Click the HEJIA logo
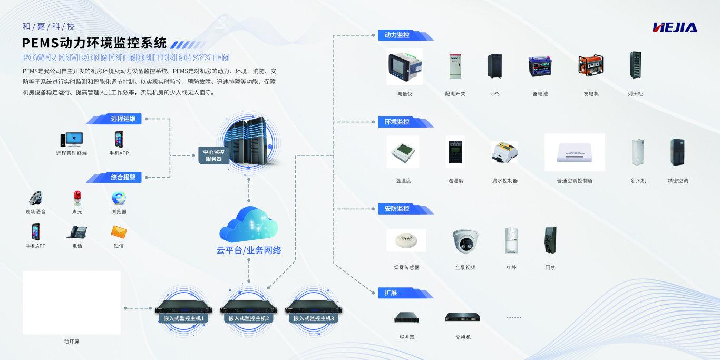[x=675, y=27]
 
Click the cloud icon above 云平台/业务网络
[x=248, y=225]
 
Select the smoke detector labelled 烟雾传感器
[x=406, y=240]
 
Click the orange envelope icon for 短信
[x=119, y=231]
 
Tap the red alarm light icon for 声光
[x=77, y=198]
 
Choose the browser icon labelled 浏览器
[x=119, y=198]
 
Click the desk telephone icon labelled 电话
[x=77, y=232]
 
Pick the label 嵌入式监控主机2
[x=249, y=319]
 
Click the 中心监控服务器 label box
[x=213, y=155]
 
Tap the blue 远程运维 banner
[x=122, y=119]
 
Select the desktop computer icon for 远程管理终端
[x=71, y=140]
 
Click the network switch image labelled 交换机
[x=462, y=317]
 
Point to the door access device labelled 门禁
[x=550, y=240]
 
